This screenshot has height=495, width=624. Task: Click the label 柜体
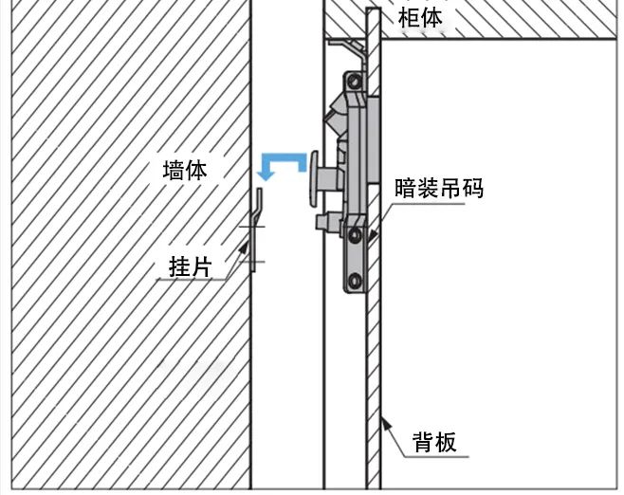[419, 17]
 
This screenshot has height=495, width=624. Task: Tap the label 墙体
[185, 171]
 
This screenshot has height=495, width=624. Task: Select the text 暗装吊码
[439, 189]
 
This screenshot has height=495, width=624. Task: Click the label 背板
[434, 442]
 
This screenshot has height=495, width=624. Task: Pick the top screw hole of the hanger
[358, 86]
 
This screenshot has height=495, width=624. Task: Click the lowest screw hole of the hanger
[356, 280]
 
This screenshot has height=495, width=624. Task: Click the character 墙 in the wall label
[174, 171]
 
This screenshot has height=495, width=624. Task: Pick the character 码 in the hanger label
[473, 189]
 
